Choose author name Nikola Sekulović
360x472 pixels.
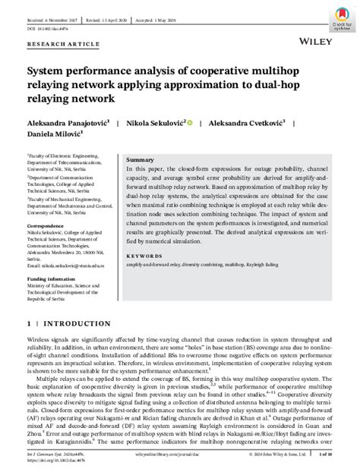pyautogui.click(x=159, y=122)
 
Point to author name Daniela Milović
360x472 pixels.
pyautogui.click(x=55, y=134)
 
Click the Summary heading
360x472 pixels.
pyautogui.click(x=139, y=160)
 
